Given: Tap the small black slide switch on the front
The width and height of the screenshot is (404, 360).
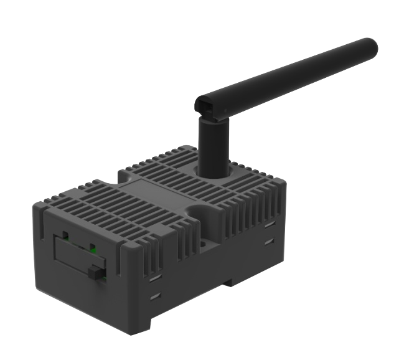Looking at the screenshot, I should pyautogui.click(x=95, y=272).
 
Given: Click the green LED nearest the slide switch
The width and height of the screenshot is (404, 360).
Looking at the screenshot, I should pyautogui.click(x=93, y=250).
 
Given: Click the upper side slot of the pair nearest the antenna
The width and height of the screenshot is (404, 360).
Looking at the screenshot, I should pyautogui.click(x=268, y=224).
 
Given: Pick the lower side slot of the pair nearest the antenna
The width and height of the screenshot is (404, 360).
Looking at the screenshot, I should pyautogui.click(x=268, y=240).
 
